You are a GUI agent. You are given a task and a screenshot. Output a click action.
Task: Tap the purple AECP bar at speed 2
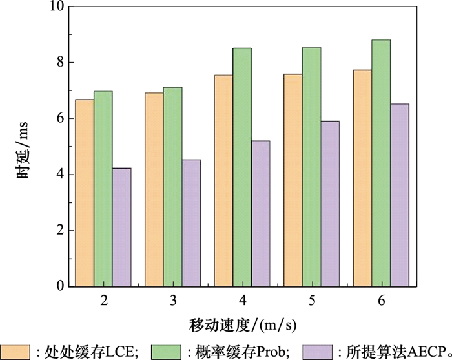[x=121, y=227]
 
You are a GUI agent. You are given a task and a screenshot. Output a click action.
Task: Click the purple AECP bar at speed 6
[x=399, y=195]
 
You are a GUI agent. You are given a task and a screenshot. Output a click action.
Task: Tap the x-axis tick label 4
[x=242, y=301]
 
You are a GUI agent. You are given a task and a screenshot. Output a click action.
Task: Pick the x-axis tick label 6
[x=381, y=301]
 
